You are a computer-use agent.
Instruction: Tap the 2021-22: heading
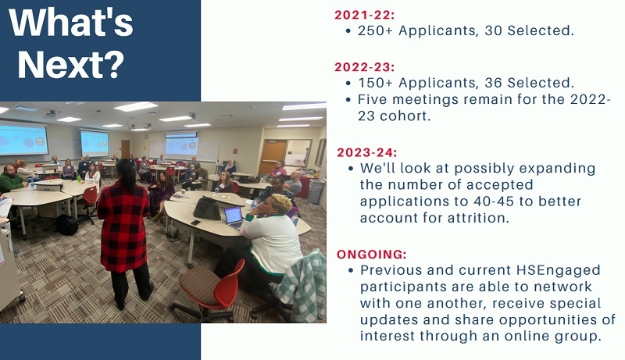point(364,15)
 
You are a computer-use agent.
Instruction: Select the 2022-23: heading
point(364,67)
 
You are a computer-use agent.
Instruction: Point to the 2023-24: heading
point(366,152)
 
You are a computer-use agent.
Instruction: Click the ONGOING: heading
point(372,254)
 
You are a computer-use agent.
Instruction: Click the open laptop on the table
point(234,217)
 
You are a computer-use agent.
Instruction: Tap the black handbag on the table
point(207,208)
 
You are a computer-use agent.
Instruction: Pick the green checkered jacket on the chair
point(302,286)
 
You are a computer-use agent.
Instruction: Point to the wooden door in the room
point(272,157)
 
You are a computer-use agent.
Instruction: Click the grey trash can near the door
point(316,191)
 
